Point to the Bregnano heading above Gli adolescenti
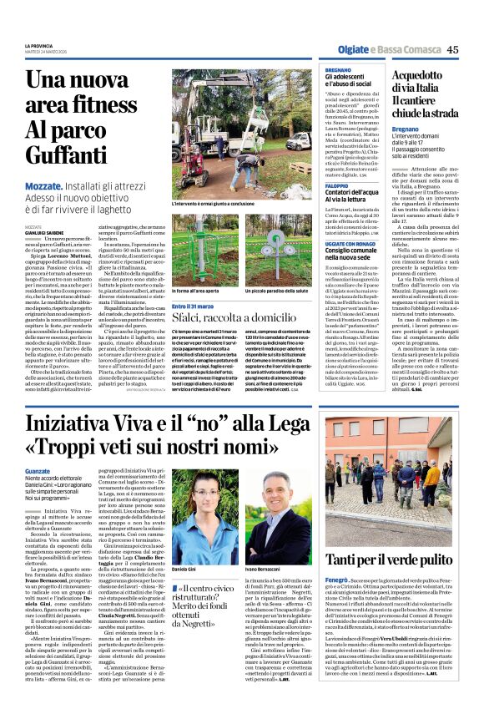[x=338, y=69]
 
